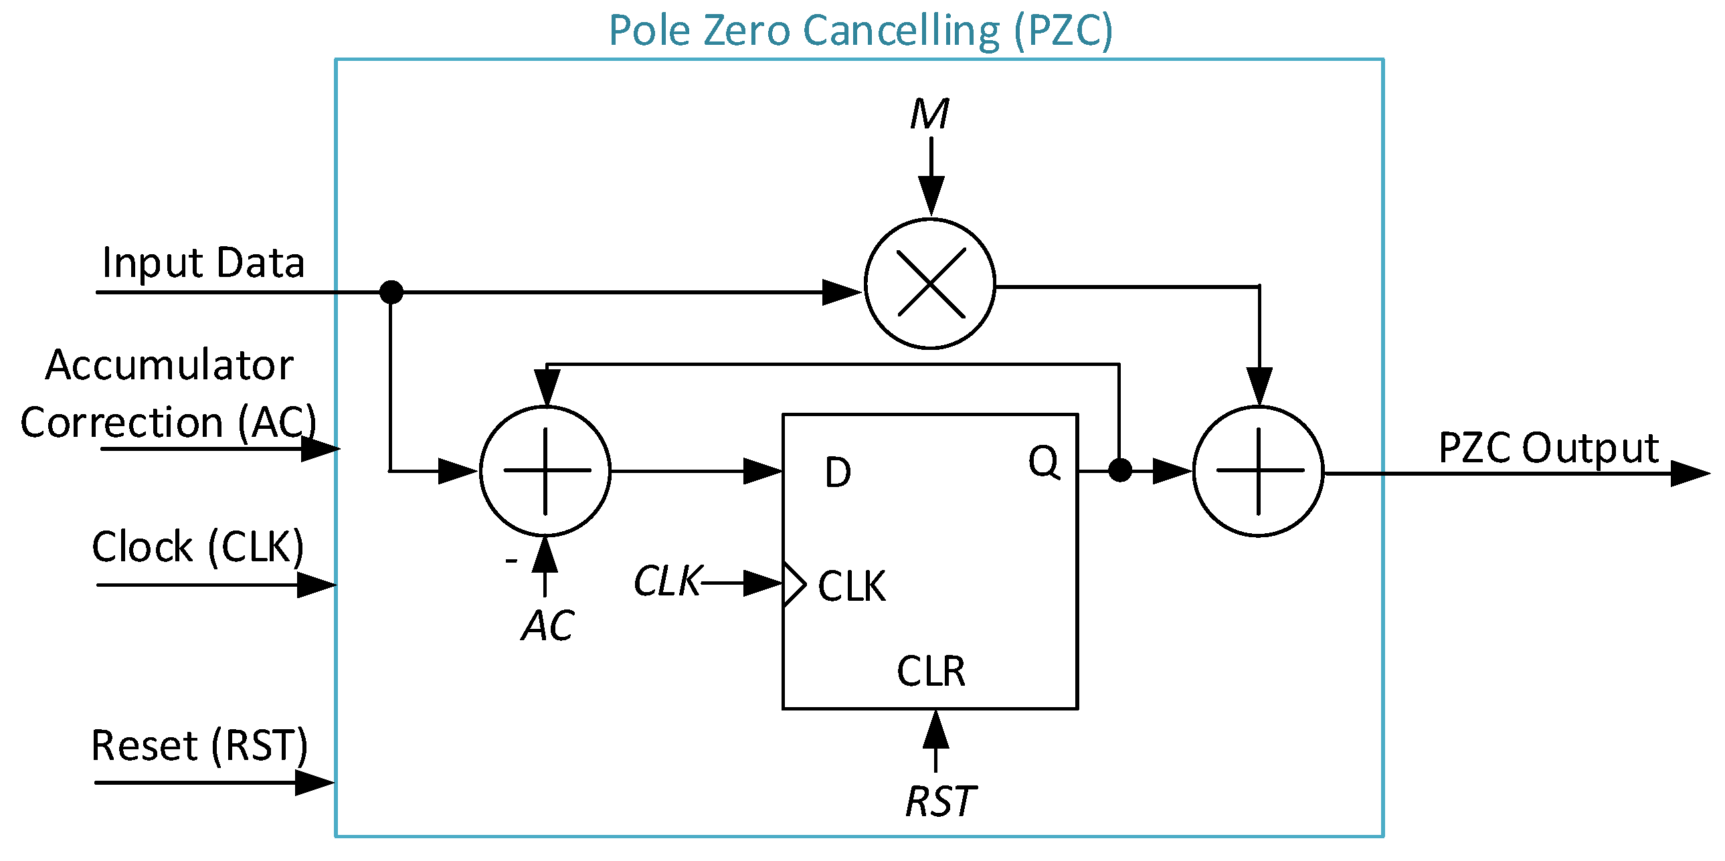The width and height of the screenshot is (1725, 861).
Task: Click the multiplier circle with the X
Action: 930,283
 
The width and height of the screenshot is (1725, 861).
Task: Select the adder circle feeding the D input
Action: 545,471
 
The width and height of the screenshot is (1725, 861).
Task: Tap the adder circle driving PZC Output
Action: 1258,471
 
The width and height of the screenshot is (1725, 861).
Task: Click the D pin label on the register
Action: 838,472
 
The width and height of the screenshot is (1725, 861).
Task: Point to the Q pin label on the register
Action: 1044,462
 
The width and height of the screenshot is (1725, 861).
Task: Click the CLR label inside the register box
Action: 931,671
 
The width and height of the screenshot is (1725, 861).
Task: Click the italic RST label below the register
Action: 940,801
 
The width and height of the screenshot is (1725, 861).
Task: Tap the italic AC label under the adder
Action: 548,626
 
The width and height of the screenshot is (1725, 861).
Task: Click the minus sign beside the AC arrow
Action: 512,560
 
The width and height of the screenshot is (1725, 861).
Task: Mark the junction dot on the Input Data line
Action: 391,292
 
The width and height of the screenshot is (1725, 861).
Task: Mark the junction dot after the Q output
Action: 1119,470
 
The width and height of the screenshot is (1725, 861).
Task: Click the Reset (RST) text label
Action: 199,745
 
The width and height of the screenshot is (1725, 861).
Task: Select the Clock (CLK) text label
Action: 198,546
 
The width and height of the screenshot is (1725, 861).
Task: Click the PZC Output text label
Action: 1548,448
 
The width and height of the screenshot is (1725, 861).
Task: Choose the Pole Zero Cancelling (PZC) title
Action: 860,30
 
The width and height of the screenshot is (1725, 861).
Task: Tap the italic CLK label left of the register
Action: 668,581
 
